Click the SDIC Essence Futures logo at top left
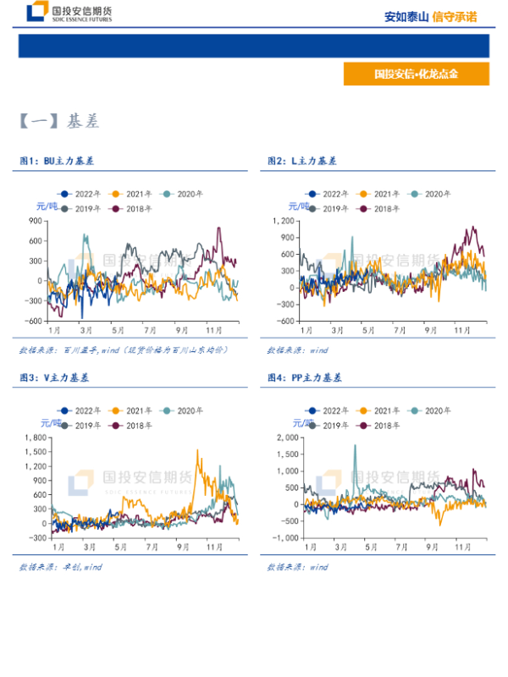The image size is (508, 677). pyautogui.click(x=69, y=13)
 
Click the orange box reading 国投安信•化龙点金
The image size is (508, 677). pyautogui.click(x=416, y=74)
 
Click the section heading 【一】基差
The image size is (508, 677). pyautogui.click(x=59, y=122)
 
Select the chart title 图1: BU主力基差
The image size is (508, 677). pyautogui.click(x=57, y=160)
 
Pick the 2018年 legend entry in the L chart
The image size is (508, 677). pyautogui.click(x=386, y=208)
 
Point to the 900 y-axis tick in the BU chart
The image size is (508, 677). pyautogui.click(x=35, y=220)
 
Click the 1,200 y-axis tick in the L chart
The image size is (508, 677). pyautogui.click(x=284, y=220)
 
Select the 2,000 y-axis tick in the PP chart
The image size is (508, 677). pyautogui.click(x=284, y=438)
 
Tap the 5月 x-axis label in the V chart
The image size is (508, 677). pyautogui.click(x=119, y=535)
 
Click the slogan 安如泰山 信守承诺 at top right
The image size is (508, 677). pyautogui.click(x=430, y=16)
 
